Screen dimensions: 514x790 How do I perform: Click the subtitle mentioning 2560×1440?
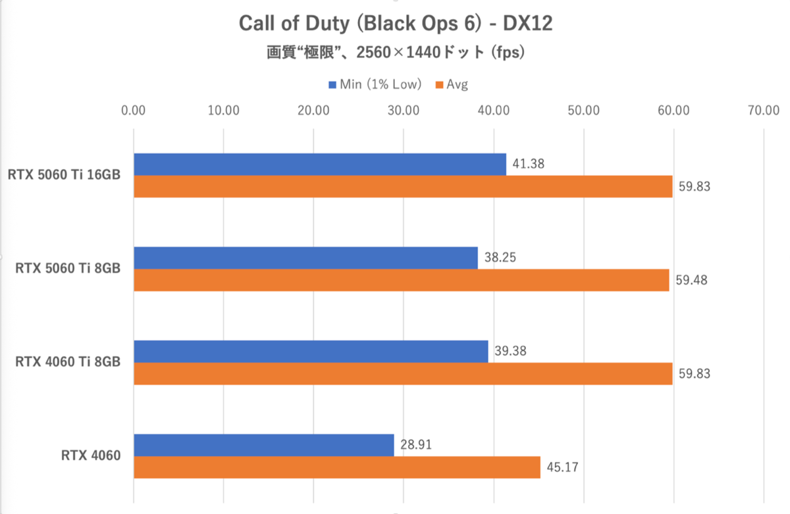point(395,53)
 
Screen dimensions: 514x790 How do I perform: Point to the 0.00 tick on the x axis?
point(134,111)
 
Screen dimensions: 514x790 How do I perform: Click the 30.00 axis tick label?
point(404,111)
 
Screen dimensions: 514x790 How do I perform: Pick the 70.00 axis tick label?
point(763,111)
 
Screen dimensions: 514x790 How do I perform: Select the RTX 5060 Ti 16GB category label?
point(65,175)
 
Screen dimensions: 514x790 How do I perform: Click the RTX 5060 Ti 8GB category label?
point(68,269)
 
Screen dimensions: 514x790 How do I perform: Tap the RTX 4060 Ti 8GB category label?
point(68,362)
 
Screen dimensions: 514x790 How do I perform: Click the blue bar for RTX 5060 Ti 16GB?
point(319,164)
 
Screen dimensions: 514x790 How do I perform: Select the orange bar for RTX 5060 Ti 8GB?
point(401,280)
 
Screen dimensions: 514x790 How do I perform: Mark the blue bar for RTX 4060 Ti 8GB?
point(311,351)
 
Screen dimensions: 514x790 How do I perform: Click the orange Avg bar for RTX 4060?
point(336,467)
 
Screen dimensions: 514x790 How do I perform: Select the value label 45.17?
point(562,467)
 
